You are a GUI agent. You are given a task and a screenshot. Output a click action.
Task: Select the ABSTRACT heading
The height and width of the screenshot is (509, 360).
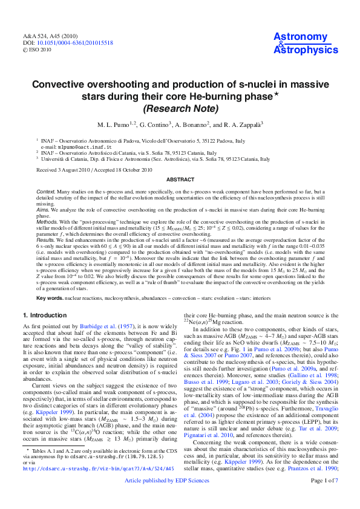[x=180, y=180]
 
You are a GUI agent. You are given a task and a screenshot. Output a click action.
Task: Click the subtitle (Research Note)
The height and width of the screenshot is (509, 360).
[x=180, y=109]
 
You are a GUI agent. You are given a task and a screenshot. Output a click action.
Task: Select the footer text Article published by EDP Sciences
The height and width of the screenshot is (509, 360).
[x=180, y=497]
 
